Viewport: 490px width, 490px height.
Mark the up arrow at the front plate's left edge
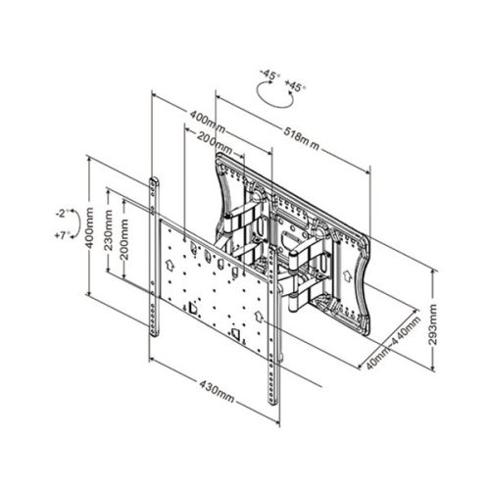tap(169, 263)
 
